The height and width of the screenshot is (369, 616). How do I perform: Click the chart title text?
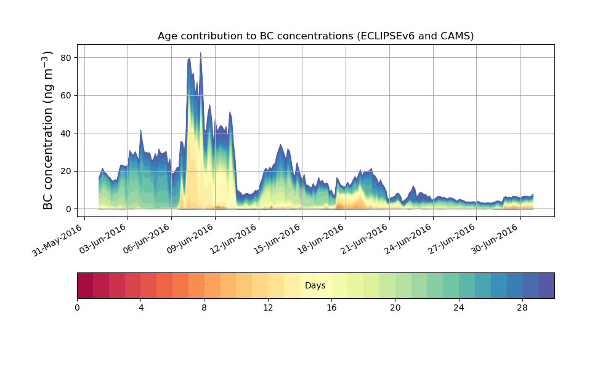[x=315, y=36]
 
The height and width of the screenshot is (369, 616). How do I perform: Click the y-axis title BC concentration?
[x=49, y=131]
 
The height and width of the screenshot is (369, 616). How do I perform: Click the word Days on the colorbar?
[x=315, y=286]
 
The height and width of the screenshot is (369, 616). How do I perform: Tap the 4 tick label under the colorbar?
[x=140, y=307]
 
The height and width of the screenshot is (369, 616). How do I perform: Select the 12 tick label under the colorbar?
[x=268, y=307]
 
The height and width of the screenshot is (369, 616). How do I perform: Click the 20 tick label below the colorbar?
[x=395, y=307]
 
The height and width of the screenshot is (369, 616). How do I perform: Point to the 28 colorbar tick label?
[x=522, y=307]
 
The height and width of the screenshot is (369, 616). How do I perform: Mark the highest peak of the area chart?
[x=200, y=53]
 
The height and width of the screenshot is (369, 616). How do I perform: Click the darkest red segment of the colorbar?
[x=85, y=285]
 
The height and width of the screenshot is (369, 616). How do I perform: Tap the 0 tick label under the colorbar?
[x=77, y=307]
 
